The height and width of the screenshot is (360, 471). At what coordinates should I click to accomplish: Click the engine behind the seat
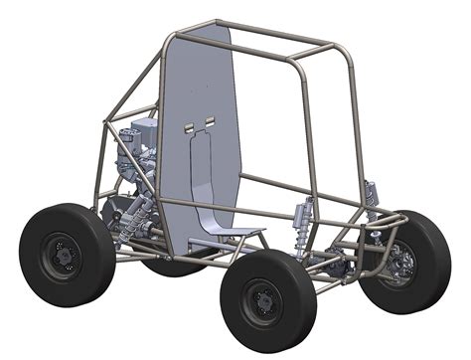pyautogui.click(x=135, y=159)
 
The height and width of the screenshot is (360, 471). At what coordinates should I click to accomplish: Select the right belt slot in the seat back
pyautogui.click(x=210, y=120)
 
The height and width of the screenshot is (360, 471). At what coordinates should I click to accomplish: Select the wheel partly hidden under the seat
pyautogui.click(x=174, y=266)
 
